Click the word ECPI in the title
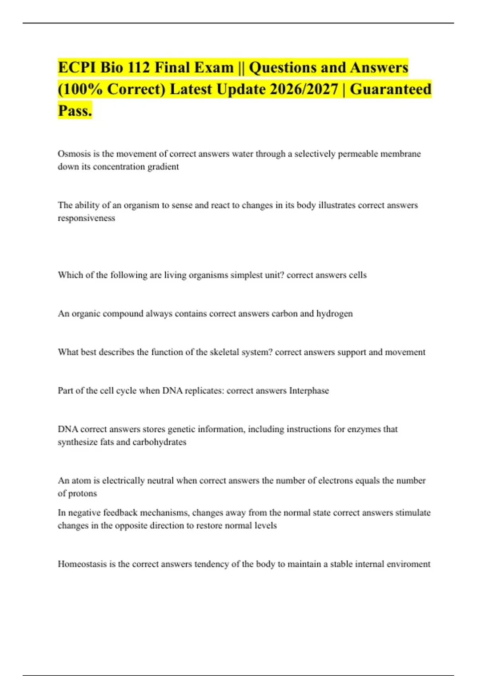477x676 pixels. coord(77,68)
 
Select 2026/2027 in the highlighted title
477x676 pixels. coord(304,89)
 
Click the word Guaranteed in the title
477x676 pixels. coord(390,89)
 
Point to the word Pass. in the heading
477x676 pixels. coord(75,111)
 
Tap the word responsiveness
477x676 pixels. coord(86,218)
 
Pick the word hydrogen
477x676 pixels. coord(334,314)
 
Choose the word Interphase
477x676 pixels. coord(309,391)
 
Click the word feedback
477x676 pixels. coord(120,513)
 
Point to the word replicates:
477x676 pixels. coord(204,391)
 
